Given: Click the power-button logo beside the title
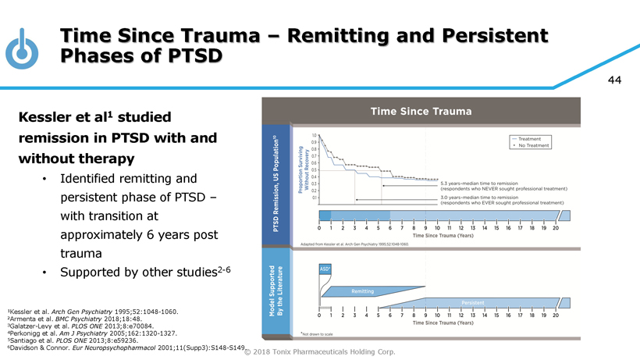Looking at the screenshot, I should (22, 48).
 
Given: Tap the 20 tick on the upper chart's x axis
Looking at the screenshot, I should (556, 228).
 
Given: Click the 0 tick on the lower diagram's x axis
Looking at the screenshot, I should (320, 315).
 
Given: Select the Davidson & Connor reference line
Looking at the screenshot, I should (126, 346).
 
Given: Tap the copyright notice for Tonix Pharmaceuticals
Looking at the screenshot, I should (319, 351).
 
